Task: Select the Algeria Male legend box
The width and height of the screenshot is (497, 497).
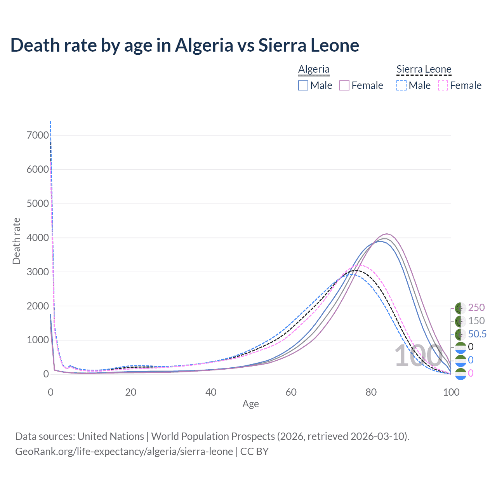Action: [x=303, y=85]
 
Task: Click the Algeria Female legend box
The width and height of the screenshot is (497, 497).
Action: [x=345, y=85]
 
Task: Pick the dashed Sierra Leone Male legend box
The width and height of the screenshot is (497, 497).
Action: [x=401, y=85]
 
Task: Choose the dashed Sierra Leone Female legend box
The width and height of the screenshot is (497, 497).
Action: [x=443, y=85]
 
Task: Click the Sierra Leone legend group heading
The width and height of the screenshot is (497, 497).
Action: [x=424, y=70]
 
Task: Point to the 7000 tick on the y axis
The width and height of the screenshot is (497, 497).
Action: [x=38, y=136]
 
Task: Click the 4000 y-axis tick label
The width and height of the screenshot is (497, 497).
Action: [x=38, y=238]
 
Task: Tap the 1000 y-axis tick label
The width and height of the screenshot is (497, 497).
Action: [x=38, y=340]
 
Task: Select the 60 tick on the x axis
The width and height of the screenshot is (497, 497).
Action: [x=291, y=392]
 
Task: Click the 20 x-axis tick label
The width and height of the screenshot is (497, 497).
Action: [x=131, y=392]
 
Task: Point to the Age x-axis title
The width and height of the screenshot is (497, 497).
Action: [x=250, y=404]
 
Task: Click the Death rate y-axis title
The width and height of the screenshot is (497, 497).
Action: [x=16, y=241]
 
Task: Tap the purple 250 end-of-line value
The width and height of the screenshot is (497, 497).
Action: [x=476, y=308]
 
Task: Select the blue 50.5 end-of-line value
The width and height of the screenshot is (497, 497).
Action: [x=477, y=334]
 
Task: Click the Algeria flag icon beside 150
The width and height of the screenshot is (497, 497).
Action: [x=461, y=321]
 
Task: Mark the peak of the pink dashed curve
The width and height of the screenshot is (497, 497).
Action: [x=361, y=265]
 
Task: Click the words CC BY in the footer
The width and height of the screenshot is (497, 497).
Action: [x=254, y=452]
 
